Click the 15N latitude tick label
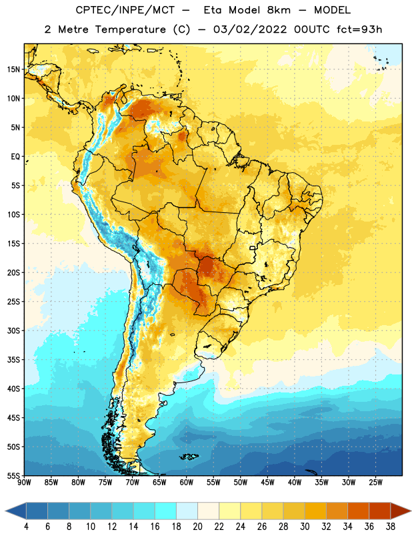coord(13,69)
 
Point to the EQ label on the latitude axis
coord(15,157)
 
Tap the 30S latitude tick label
coord(13,330)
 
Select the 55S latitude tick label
coord(13,476)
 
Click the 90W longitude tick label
coord(24,483)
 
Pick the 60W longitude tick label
coord(187,483)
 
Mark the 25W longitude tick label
coord(375,483)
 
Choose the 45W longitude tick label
coord(267,483)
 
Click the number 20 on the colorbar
coord(197,527)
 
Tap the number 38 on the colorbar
coord(390,527)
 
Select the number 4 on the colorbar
coord(26,527)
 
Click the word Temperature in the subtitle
coord(130,29)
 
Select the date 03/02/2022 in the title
coord(250,29)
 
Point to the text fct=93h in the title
coord(359,29)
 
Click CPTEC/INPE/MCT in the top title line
coord(125,10)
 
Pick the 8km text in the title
coord(279,10)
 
